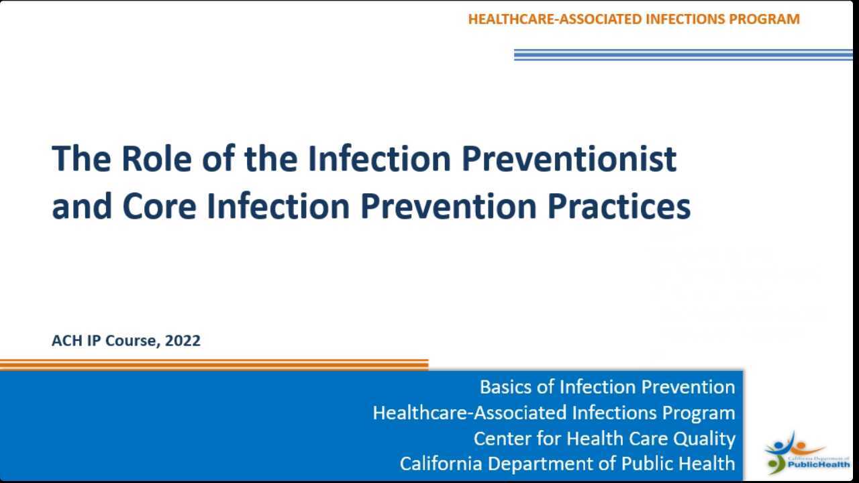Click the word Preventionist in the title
569,158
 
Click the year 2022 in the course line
183,341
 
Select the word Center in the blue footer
498,439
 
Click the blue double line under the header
683,55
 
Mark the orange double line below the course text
213,365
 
